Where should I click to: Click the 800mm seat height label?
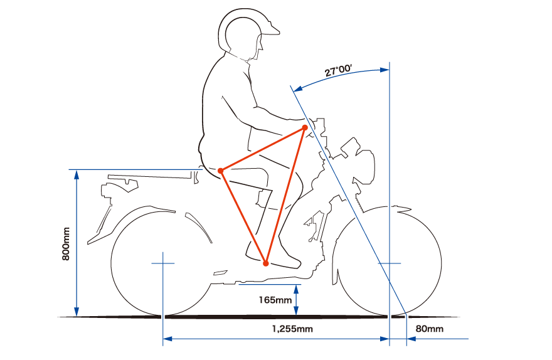pyautogui.click(x=66, y=243)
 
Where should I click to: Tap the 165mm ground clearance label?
pyautogui.click(x=275, y=300)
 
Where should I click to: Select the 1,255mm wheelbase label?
pyautogui.click(x=292, y=329)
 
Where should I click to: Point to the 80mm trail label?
pyautogui.click(x=430, y=329)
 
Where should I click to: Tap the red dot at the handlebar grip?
pyautogui.click(x=305, y=127)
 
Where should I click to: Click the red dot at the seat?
pyautogui.click(x=221, y=171)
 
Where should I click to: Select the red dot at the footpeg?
pyautogui.click(x=266, y=263)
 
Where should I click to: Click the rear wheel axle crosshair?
pyautogui.click(x=162, y=263)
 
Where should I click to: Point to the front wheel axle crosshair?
pyautogui.click(x=390, y=263)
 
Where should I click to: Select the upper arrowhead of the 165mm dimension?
pyautogui.click(x=296, y=289)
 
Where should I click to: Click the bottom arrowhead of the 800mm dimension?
pyautogui.click(x=77, y=312)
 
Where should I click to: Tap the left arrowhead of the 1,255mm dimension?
pyautogui.click(x=167, y=339)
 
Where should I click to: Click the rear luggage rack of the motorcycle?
pyautogui.click(x=151, y=177)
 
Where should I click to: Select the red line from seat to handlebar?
pyautogui.click(x=263, y=149)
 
